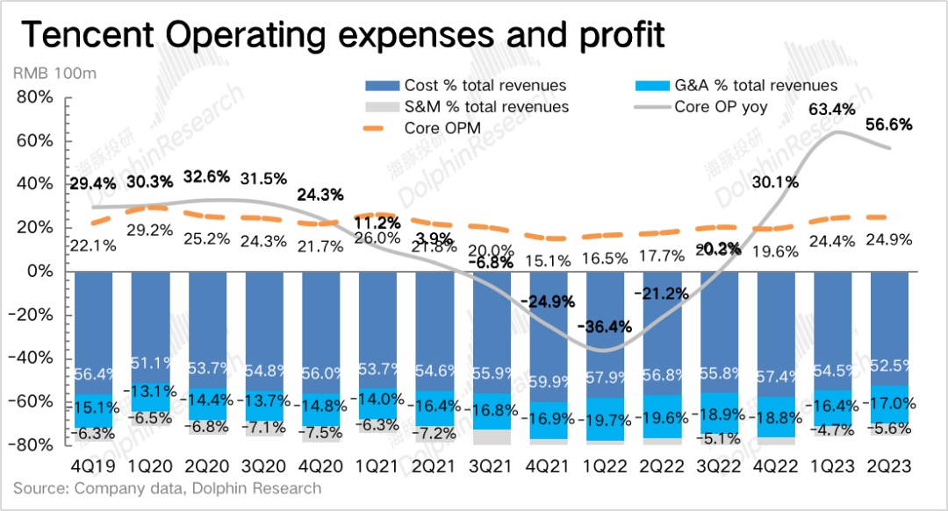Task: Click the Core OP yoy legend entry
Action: (x=721, y=107)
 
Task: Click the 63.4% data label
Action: (x=833, y=110)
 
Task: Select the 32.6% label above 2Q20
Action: (x=207, y=176)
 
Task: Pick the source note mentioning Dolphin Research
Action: (x=168, y=488)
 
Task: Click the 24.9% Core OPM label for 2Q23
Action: (x=890, y=239)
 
